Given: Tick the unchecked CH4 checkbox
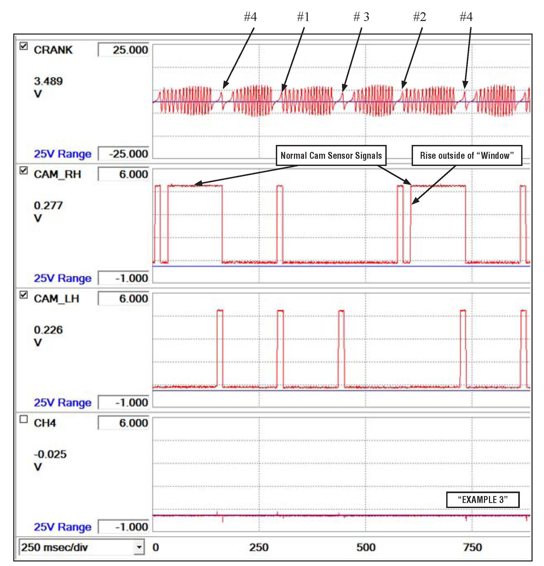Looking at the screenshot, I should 24,419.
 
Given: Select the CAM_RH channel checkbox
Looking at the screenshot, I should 24,171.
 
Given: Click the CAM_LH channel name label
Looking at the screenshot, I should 57,299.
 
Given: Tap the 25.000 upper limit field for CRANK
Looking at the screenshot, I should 124,50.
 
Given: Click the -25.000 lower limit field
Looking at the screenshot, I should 124,154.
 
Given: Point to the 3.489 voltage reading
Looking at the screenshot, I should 48,81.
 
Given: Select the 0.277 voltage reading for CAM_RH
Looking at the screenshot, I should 48,206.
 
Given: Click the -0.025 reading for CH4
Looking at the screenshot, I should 50,454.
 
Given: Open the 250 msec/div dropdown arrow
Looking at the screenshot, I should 139,547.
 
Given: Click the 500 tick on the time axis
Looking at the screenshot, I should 366,547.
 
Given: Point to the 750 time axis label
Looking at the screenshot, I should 473,547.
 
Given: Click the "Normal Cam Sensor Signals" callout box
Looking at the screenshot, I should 331,156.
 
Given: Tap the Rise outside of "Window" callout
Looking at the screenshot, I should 467,156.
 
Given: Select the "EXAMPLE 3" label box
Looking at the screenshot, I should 483,500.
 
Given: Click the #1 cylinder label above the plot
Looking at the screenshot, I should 303,17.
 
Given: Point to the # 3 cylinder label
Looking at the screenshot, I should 361,17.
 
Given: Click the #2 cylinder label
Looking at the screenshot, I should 420,17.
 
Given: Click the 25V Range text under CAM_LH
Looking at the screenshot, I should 63,402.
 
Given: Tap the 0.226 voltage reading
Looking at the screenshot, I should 48,330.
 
